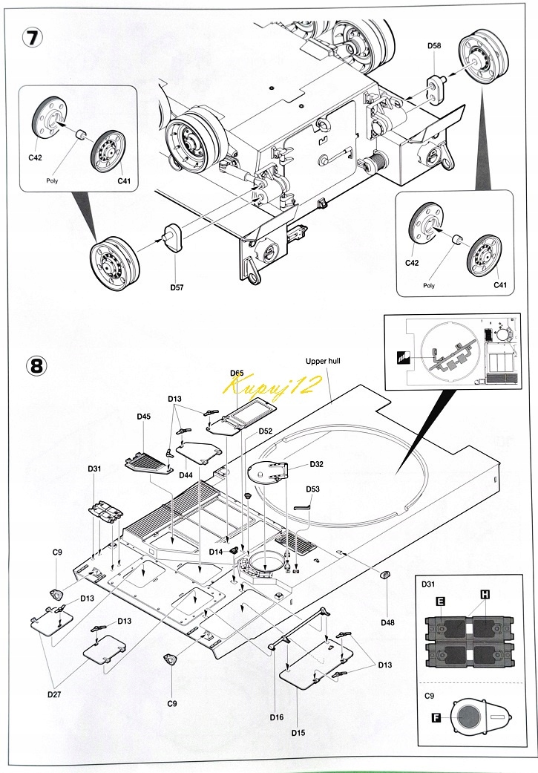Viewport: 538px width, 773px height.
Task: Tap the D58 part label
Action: tap(434, 46)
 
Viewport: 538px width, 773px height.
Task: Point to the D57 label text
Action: tap(177, 287)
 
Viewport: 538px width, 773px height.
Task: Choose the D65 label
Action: tap(237, 373)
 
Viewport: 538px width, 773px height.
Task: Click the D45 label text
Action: tap(144, 417)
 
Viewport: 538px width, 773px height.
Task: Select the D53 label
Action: tap(313, 489)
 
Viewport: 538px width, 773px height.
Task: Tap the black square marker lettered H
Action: tap(485, 594)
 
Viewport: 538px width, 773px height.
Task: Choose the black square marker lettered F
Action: tap(436, 717)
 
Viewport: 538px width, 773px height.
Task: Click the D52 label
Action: tap(266, 431)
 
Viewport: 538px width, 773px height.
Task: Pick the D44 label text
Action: tap(186, 474)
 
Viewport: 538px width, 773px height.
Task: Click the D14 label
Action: tap(216, 551)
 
